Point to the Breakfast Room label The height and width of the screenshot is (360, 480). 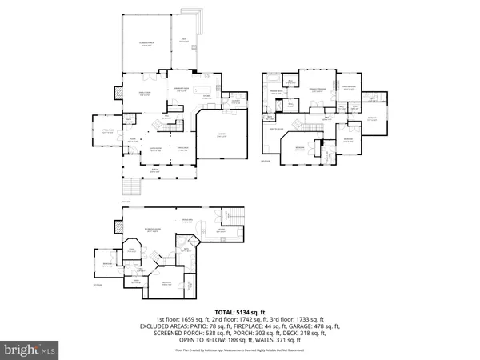[182, 89]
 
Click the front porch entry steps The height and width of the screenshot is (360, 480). [130, 189]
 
